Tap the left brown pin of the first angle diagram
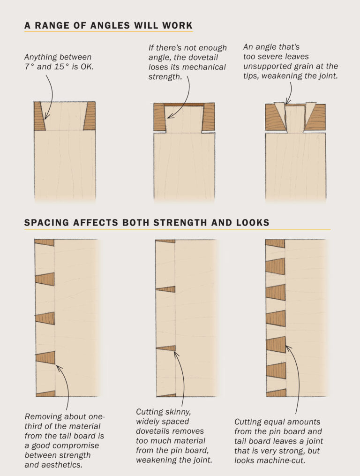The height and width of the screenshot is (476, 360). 39,116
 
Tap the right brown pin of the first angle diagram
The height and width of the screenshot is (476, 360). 90,116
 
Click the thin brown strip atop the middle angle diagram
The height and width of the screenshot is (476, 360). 184,104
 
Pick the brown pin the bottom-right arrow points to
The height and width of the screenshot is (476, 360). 276,344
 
